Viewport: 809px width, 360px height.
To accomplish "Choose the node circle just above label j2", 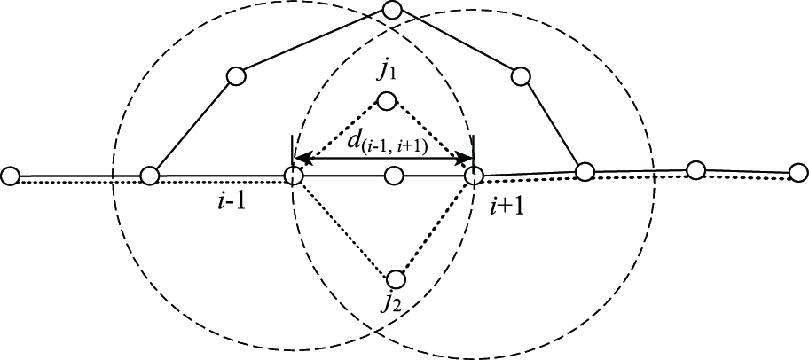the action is point(396,279).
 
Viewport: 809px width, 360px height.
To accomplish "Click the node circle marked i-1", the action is point(294,176).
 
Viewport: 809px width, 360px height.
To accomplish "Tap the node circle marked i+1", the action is point(473,176).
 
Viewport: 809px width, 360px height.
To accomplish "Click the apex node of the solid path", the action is point(392,12).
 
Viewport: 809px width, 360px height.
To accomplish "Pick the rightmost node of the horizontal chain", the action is point(797,171).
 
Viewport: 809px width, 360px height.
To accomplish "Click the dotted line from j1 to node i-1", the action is point(340,138).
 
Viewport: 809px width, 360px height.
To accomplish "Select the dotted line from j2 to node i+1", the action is point(435,228).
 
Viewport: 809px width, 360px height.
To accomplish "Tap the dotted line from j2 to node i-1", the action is point(344,228).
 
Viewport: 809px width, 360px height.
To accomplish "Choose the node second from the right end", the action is point(696,169).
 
